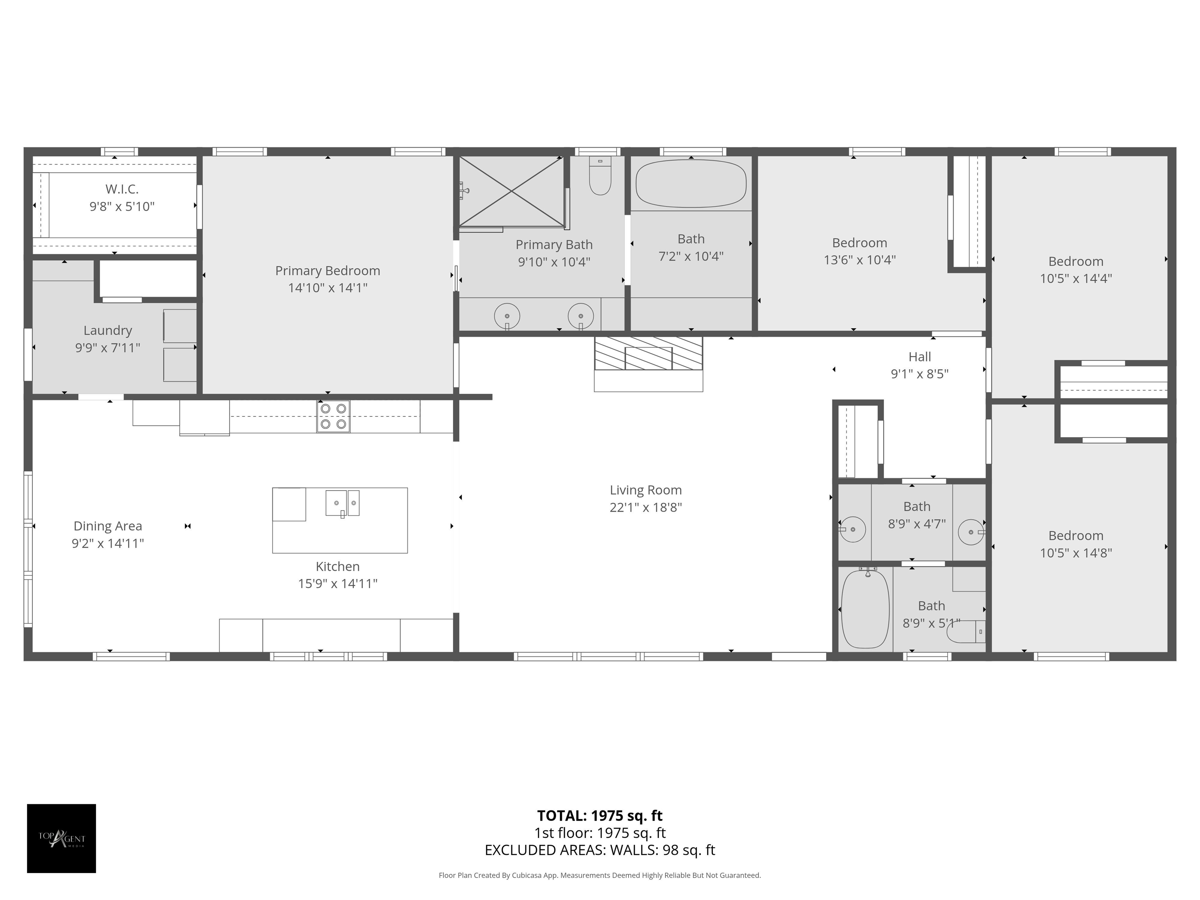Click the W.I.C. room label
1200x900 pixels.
pos(122,189)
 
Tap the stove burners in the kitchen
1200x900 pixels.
pos(333,417)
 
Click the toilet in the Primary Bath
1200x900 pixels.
pos(600,176)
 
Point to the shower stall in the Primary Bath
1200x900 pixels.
pos(512,191)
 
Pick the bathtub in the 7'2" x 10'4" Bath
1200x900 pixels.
pos(691,183)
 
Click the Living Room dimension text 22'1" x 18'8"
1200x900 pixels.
pos(646,508)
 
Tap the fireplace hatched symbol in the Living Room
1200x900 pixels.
pos(648,354)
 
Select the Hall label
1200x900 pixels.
pos(920,357)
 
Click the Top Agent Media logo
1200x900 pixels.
pos(61,838)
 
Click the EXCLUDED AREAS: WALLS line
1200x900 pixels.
pos(600,850)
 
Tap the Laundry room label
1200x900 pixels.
pos(107,330)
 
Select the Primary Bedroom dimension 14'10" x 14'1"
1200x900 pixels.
pos(328,288)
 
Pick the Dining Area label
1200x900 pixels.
pos(107,526)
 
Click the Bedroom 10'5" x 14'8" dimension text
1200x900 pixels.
pos(1076,553)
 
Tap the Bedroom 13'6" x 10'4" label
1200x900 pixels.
pos(859,243)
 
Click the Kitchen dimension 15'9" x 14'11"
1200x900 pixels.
pos(337,584)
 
